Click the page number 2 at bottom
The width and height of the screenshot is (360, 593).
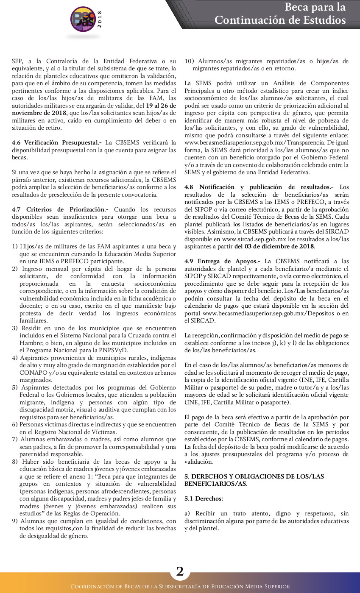(180, 571)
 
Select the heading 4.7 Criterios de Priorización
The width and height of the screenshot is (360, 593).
(60, 209)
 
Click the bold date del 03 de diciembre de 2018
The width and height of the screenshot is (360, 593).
(274, 246)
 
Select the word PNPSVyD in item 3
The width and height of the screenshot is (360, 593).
(114, 350)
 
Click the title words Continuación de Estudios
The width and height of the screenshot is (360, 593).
(280, 20)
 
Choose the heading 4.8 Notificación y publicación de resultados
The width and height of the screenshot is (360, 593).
(259, 187)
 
